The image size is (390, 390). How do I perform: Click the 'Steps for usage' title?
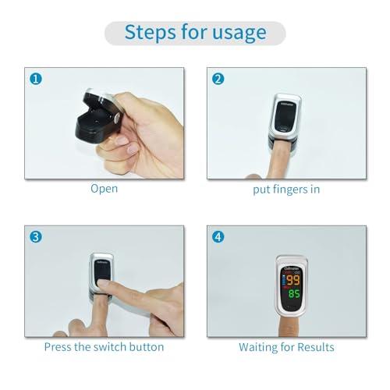pyautogui.click(x=194, y=32)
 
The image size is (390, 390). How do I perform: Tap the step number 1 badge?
pyautogui.click(x=34, y=78)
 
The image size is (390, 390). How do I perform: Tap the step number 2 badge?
pyautogui.click(x=218, y=78)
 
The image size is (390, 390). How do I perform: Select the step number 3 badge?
pyautogui.click(x=34, y=237)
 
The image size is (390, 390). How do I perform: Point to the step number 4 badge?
pyautogui.click(x=218, y=237)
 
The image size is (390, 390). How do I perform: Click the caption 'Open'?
pyautogui.click(x=104, y=188)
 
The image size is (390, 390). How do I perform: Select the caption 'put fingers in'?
pyautogui.click(x=286, y=188)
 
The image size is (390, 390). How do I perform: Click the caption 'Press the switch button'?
pyautogui.click(x=105, y=347)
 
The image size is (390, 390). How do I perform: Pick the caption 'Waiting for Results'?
pyautogui.click(x=286, y=347)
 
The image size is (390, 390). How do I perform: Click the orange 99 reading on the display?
pyautogui.click(x=294, y=280)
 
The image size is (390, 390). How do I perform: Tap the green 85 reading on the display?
pyautogui.click(x=294, y=295)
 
